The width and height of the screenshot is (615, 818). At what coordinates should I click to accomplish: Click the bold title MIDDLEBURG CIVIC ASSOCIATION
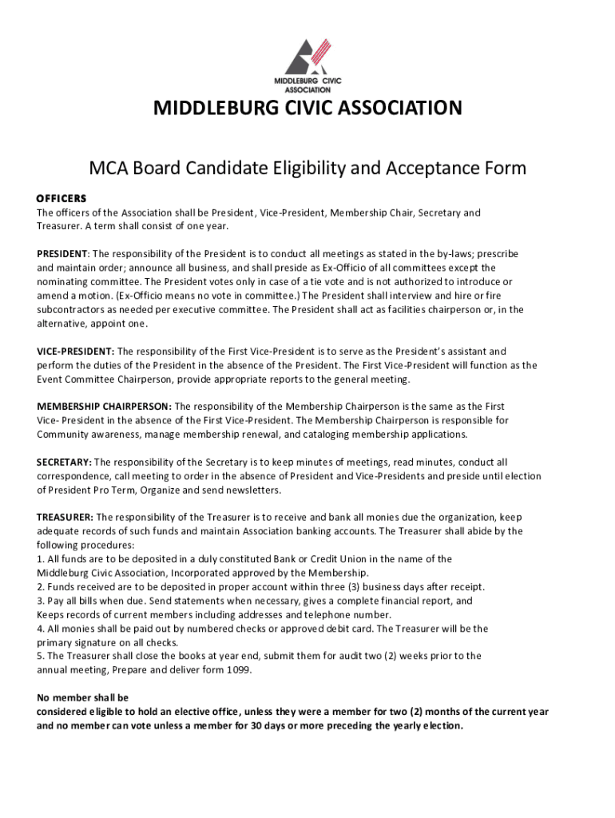coord(307,108)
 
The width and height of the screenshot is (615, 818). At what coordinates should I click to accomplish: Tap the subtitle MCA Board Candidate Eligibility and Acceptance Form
coord(307,169)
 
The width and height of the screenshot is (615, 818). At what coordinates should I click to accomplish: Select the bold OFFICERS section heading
coord(61,198)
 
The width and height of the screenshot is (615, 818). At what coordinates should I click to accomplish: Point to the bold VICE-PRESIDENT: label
coord(76,351)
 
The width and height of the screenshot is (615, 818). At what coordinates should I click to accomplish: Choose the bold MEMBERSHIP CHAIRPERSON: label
coord(104,407)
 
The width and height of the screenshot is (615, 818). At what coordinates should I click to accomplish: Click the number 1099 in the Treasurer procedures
coord(239,670)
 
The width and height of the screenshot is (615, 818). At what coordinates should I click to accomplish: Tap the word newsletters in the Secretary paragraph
coord(253,490)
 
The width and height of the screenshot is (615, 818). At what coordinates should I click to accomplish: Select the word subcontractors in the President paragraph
coord(69,310)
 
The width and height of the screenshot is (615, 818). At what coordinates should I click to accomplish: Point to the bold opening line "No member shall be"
coord(82,697)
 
